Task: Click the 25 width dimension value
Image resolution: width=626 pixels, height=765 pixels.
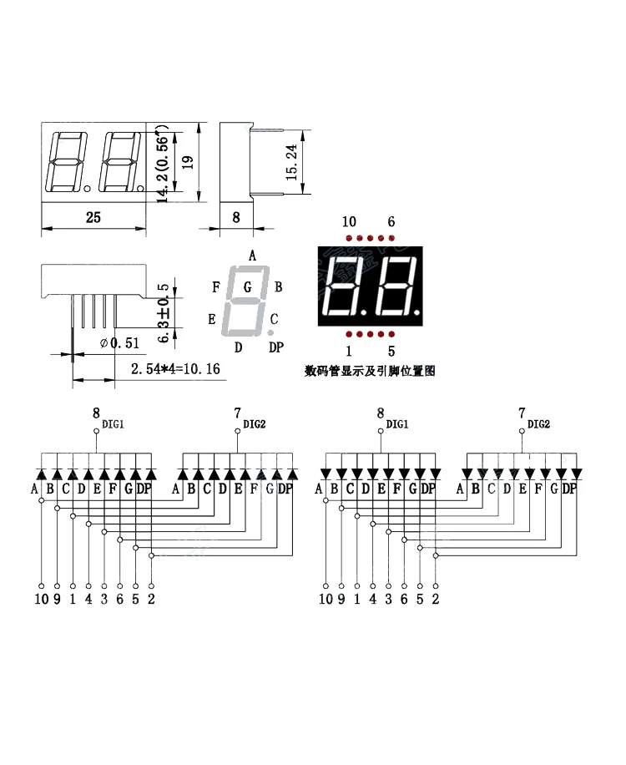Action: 93,217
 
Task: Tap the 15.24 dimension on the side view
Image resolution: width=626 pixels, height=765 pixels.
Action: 291,163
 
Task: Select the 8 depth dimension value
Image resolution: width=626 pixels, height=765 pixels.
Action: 236,217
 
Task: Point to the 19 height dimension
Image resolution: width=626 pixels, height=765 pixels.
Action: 188,162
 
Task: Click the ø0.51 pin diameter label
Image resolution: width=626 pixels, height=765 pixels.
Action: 120,343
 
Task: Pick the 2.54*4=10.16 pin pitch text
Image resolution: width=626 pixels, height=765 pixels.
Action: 175,369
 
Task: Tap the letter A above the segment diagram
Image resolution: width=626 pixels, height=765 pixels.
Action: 252,256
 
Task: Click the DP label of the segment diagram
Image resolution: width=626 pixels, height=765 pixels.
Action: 276,347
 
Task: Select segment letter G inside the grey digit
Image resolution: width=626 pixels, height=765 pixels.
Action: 247,287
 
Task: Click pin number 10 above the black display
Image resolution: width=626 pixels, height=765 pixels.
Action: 349,222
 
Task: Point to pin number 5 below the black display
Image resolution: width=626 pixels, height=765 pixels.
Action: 391,352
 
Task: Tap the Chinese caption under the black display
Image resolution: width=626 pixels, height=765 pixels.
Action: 370,372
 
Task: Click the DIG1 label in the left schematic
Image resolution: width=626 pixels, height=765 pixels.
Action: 114,424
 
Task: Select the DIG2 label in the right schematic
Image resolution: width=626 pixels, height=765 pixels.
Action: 538,424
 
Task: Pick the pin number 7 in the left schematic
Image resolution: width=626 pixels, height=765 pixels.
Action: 237,413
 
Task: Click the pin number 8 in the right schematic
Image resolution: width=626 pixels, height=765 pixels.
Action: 381,413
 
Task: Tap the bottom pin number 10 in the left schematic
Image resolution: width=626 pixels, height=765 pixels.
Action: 42,599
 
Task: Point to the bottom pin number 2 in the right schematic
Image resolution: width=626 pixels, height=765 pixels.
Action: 436,599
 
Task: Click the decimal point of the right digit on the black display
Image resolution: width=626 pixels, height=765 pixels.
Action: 416,311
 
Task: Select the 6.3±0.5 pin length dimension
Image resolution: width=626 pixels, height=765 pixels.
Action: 164,312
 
